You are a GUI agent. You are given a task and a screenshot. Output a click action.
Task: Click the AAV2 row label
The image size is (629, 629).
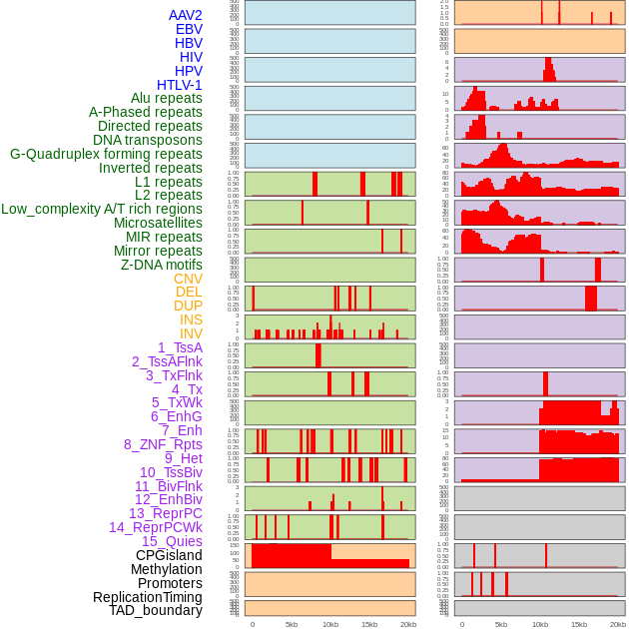[185, 15]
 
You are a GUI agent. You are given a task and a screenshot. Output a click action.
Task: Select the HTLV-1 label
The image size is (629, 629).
[179, 85]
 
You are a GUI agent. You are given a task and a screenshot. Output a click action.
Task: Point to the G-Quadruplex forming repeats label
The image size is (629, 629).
[106, 155]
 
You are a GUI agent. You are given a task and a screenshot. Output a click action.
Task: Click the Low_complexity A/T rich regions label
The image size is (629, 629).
[101, 209]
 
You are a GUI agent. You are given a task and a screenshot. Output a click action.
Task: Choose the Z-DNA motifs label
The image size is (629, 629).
[161, 265]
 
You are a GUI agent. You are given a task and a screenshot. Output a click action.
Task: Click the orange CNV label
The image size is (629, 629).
[188, 279]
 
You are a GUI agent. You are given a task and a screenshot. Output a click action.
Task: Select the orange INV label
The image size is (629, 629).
[191, 333]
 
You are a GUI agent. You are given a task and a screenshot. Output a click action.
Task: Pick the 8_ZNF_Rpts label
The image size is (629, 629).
[163, 444]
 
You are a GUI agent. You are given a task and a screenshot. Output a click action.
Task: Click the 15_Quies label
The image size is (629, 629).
[171, 541]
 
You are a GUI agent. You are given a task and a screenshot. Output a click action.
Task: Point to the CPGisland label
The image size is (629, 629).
[169, 555]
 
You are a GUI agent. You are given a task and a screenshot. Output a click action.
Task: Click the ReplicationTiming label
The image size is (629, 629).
[147, 597]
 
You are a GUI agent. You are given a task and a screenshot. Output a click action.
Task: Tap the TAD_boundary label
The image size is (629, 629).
[155, 610]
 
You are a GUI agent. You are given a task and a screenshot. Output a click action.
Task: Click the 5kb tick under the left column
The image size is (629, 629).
[292, 625]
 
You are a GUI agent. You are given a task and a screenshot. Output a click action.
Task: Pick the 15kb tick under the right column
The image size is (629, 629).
[579, 625]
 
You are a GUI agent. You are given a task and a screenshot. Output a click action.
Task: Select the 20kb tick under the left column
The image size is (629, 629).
[408, 625]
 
